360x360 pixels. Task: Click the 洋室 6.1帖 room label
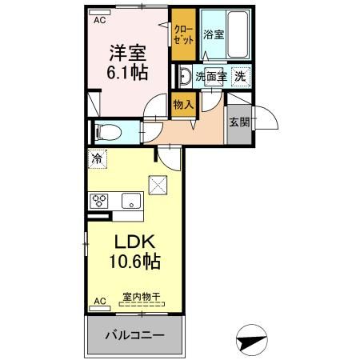coord(127,63)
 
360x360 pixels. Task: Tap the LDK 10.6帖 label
coord(134,252)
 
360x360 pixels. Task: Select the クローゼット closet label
coord(183,34)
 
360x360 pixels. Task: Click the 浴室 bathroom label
coord(214,34)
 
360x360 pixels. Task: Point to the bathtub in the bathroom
coord(238,34)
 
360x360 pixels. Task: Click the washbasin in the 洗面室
coord(185,76)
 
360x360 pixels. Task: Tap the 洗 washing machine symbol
coord(240,77)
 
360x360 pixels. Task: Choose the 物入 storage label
coord(183,105)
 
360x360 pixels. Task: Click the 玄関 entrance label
coord(239,122)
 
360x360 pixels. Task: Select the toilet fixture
coord(109,132)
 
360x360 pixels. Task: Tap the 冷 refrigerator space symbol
coord(98,159)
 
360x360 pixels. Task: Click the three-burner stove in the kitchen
coord(99,201)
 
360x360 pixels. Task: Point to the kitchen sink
coord(131,201)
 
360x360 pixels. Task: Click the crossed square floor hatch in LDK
coord(158,185)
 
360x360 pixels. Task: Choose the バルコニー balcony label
coord(134,335)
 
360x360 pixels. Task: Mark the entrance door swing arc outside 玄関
coord(271,114)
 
